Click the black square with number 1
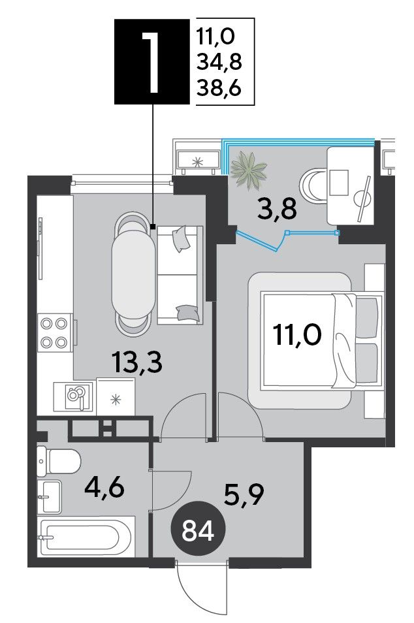click(152, 61)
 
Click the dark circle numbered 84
click(198, 531)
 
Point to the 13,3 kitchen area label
click(138, 362)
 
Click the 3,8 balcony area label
click(276, 210)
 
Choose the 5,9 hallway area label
click(244, 494)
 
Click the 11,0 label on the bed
click(297, 336)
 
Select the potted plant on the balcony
click(249, 169)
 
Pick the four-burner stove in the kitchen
click(55, 332)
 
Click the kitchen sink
click(74, 396)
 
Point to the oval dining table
click(133, 275)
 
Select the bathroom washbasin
click(49, 496)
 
